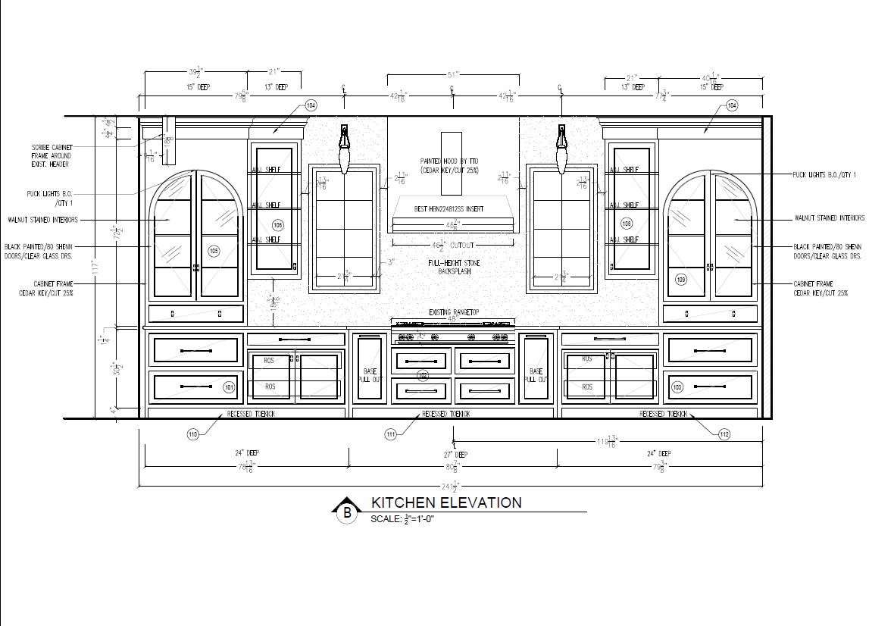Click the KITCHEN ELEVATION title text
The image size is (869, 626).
click(445, 502)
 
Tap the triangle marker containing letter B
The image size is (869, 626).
click(348, 513)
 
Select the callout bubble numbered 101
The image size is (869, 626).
click(229, 387)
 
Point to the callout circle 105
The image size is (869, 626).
click(214, 250)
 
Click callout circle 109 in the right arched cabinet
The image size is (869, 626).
click(680, 280)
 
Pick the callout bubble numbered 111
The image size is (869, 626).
click(390, 434)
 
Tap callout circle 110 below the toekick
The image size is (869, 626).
click(192, 434)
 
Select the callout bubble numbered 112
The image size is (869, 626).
click(724, 434)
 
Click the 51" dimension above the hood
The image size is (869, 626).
click(453, 75)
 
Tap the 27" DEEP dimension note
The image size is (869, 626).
click(452, 455)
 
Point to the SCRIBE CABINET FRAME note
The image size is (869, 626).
click(52, 155)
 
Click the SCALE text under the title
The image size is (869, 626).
click(402, 519)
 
